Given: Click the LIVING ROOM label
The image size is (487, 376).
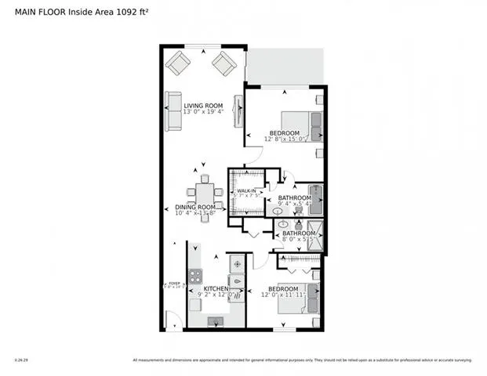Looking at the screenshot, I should coord(203,105).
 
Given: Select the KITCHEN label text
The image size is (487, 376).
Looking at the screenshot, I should coord(216,289).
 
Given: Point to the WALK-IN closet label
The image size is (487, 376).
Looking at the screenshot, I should coord(248,190).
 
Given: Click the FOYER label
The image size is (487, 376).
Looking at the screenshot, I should coord(173,283).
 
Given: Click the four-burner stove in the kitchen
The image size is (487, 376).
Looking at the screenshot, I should coord(195,277).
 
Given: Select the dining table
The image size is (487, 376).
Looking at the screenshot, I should coord(205,197).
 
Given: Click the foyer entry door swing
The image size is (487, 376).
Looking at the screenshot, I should coord(173,320).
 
